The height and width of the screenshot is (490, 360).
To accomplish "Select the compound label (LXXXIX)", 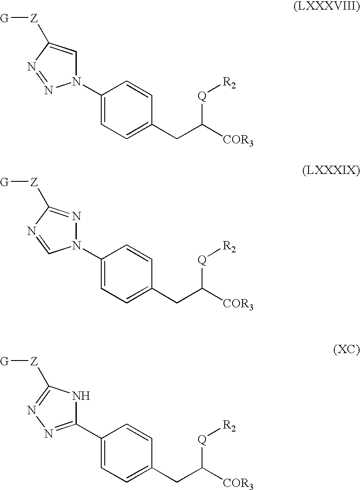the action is (331, 171).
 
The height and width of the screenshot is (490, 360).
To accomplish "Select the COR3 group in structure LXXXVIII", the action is (238, 141).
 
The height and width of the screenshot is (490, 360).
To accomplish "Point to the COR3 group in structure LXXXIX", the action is (238, 303).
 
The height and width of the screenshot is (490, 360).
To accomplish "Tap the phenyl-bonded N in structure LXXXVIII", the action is (77, 81).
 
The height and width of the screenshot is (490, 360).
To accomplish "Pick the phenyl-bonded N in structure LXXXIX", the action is (77, 247).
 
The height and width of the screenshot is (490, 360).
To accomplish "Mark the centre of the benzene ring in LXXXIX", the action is (127, 275).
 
